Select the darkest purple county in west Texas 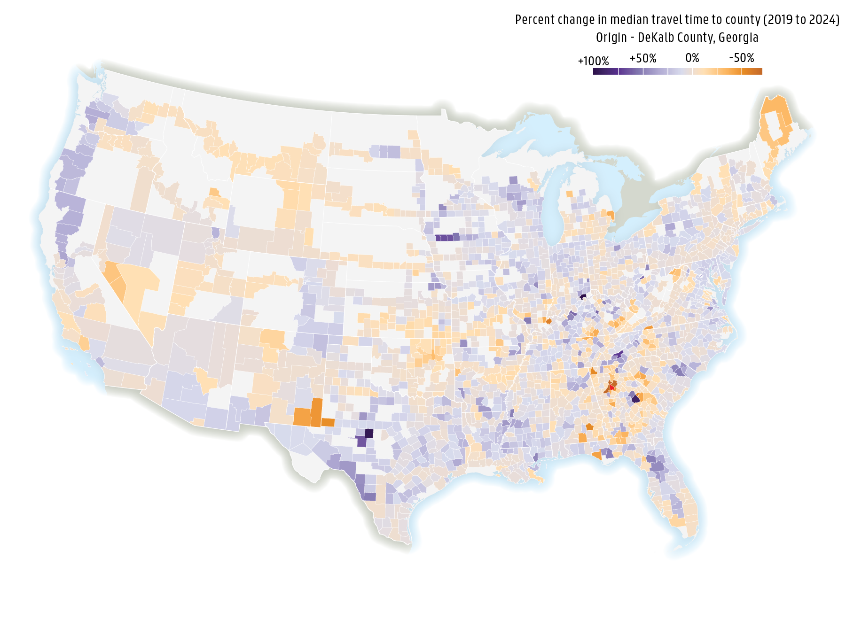click(x=369, y=433)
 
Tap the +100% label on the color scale click(x=593, y=62)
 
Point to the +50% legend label click(x=643, y=59)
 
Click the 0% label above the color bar click(x=692, y=58)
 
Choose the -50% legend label click(x=742, y=58)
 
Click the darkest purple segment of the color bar click(x=605, y=71)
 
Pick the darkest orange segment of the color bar click(x=752, y=71)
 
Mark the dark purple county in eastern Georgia click(x=635, y=399)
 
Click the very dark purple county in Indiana click(x=583, y=296)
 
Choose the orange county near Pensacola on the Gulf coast click(x=596, y=455)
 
